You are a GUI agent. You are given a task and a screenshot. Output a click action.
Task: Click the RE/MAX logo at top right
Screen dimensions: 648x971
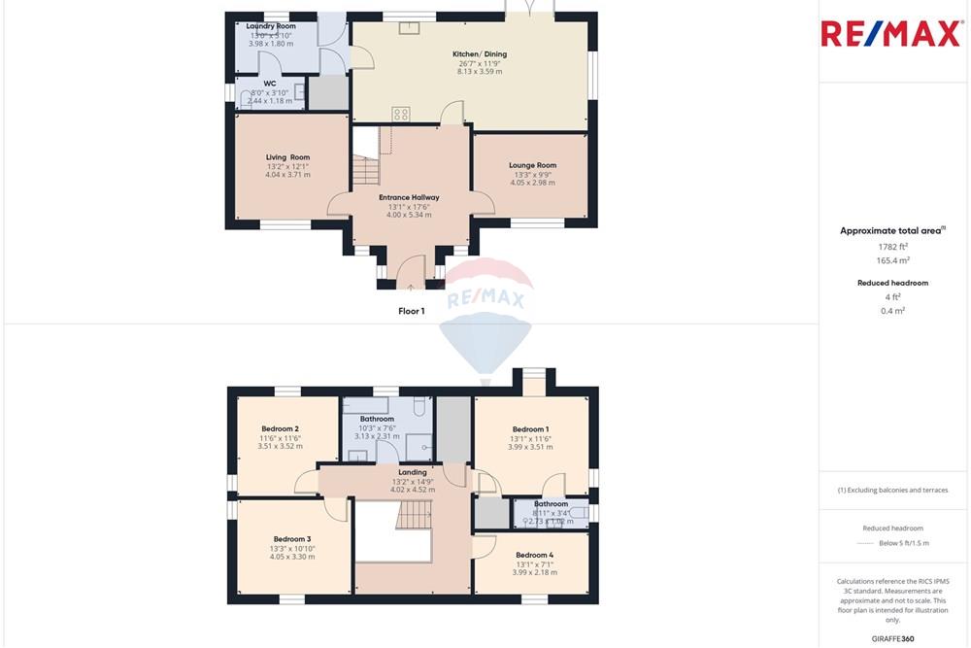(x=893, y=33)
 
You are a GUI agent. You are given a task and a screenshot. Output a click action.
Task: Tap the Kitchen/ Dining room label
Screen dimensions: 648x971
(x=480, y=54)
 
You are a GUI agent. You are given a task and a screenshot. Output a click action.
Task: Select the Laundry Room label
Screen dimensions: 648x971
(x=271, y=26)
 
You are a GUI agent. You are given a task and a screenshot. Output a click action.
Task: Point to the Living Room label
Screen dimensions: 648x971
(x=287, y=157)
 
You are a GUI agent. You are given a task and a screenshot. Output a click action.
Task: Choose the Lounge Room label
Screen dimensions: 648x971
(x=532, y=165)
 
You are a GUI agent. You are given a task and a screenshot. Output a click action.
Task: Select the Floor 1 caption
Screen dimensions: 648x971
(x=411, y=311)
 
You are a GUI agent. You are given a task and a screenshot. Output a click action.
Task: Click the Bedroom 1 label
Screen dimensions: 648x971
(x=530, y=429)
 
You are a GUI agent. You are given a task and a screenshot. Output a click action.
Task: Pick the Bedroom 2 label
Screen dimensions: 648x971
(x=280, y=428)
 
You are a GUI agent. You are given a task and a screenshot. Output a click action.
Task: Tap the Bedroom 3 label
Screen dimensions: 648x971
(x=291, y=539)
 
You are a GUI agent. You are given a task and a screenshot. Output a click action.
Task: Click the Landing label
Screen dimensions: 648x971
(x=412, y=472)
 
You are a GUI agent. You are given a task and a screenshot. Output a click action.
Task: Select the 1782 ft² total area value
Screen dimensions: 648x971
(x=892, y=247)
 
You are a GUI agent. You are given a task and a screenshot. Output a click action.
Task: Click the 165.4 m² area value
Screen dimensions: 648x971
(x=892, y=260)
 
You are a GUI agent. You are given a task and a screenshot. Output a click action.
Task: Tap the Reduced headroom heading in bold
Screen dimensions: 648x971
(x=892, y=283)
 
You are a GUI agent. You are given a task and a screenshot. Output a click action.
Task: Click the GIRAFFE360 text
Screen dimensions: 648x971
(x=893, y=638)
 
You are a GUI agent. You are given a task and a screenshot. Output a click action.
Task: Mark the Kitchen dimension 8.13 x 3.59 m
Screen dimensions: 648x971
(x=480, y=71)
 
